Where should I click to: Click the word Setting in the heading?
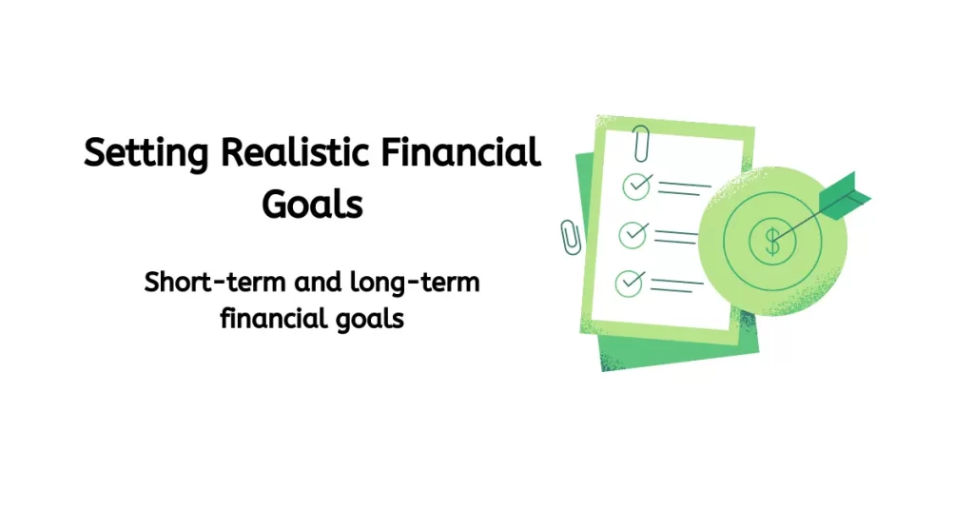(x=144, y=154)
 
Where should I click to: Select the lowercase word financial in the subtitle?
(x=269, y=317)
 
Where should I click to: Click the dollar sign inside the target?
(x=772, y=242)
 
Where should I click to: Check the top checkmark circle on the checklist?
(x=635, y=186)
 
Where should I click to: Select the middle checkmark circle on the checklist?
(x=633, y=232)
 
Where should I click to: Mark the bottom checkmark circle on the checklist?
(x=630, y=281)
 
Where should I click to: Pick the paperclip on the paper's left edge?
(x=571, y=236)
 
